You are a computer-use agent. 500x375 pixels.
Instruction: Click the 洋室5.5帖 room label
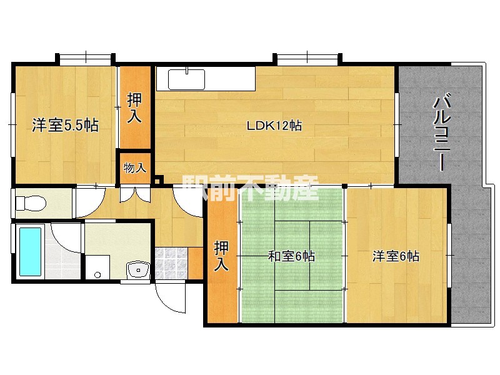65,126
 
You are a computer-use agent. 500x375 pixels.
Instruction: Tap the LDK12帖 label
274,126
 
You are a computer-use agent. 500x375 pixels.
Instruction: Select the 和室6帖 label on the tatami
291,256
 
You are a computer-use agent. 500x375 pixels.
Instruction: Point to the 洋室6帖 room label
396,256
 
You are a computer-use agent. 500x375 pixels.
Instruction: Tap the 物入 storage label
135,167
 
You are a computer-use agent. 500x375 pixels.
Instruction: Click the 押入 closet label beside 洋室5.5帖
134,108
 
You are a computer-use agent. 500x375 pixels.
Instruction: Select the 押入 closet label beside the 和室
221,256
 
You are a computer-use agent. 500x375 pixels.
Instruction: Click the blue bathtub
30,252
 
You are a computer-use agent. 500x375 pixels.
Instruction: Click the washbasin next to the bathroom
138,270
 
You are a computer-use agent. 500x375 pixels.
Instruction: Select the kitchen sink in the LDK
186,79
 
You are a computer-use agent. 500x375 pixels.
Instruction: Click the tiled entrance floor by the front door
171,263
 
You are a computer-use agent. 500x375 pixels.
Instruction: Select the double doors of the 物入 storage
135,195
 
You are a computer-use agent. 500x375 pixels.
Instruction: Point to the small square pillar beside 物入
157,180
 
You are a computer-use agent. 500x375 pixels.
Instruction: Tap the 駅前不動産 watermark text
250,189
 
